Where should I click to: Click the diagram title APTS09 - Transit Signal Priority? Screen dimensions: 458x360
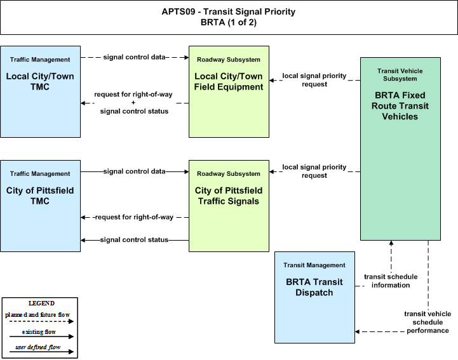(229, 11)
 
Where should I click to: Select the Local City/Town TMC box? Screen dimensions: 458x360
(40, 91)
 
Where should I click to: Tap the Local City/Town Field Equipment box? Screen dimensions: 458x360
(229, 91)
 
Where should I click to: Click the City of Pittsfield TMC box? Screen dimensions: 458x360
(40, 206)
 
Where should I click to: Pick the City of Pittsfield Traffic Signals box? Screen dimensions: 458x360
(229, 206)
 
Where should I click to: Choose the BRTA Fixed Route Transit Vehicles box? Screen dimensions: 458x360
(400, 149)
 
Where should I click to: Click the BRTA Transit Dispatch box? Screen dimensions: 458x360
(314, 297)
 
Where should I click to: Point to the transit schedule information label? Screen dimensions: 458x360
(391, 281)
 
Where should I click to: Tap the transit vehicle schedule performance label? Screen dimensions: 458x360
(428, 322)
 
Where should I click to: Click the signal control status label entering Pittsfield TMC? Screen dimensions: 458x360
(135, 240)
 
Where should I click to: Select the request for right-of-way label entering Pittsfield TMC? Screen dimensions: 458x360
(135, 217)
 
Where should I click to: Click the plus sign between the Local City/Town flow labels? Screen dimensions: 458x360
(133, 102)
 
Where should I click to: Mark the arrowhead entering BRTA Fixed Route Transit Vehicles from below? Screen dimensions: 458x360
(391, 243)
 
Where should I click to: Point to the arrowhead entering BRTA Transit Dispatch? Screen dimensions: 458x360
(357, 331)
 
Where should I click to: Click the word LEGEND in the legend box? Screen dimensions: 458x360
(41, 303)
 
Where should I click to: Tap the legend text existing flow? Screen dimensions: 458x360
(39, 332)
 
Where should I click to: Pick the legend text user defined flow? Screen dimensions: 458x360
(38, 347)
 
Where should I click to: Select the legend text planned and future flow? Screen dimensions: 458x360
(37, 315)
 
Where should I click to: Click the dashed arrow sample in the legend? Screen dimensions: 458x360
(41, 321)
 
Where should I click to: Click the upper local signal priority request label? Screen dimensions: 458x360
(314, 80)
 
